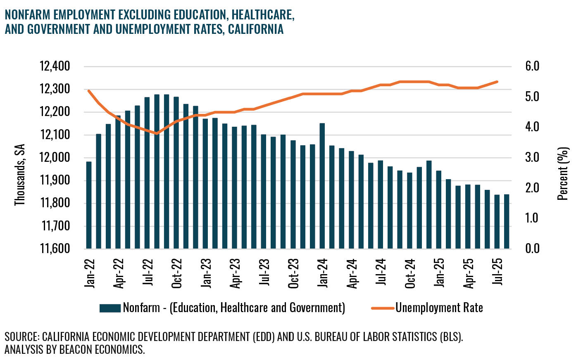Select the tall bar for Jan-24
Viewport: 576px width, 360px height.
[x=322, y=186]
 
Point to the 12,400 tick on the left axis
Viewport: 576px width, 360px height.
[x=55, y=66]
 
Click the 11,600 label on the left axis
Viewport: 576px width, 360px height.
[x=55, y=249]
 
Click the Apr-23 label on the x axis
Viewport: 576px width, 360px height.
[x=235, y=274]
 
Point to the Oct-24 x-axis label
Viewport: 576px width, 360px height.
[x=410, y=274]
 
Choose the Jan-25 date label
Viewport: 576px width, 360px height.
[x=439, y=273]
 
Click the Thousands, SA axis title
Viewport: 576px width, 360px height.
[x=20, y=175]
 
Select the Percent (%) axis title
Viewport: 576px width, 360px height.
[x=563, y=173]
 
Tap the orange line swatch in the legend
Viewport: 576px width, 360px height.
[x=383, y=308]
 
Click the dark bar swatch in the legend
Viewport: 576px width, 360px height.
[x=110, y=308]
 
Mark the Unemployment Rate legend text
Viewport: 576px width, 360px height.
[x=439, y=308]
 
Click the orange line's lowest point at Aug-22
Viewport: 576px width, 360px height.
[x=157, y=133]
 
